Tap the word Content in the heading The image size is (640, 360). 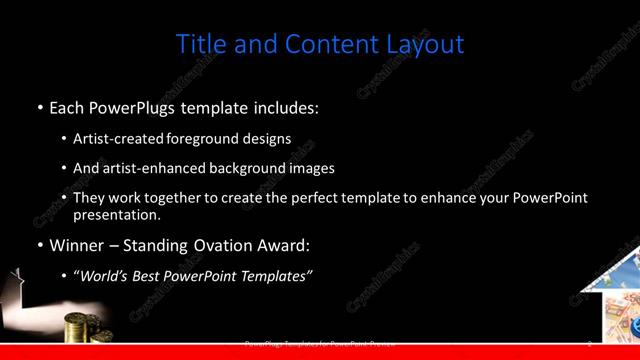328,44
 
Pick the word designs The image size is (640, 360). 270,139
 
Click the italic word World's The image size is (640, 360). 105,277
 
